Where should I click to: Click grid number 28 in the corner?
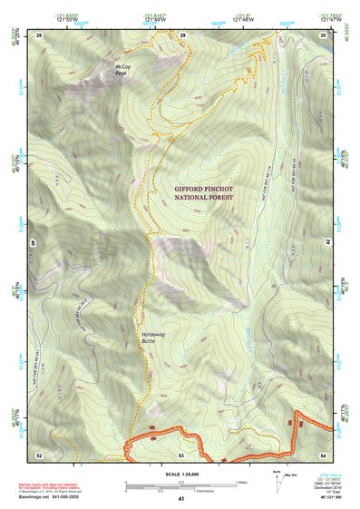click(40, 34)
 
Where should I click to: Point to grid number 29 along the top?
click(182, 34)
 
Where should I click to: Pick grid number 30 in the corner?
click(324, 34)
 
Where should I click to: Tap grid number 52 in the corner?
click(40, 454)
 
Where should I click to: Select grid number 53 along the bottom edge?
click(181, 454)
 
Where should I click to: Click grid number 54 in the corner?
click(324, 454)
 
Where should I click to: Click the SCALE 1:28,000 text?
click(181, 475)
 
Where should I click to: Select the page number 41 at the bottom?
click(181, 499)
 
